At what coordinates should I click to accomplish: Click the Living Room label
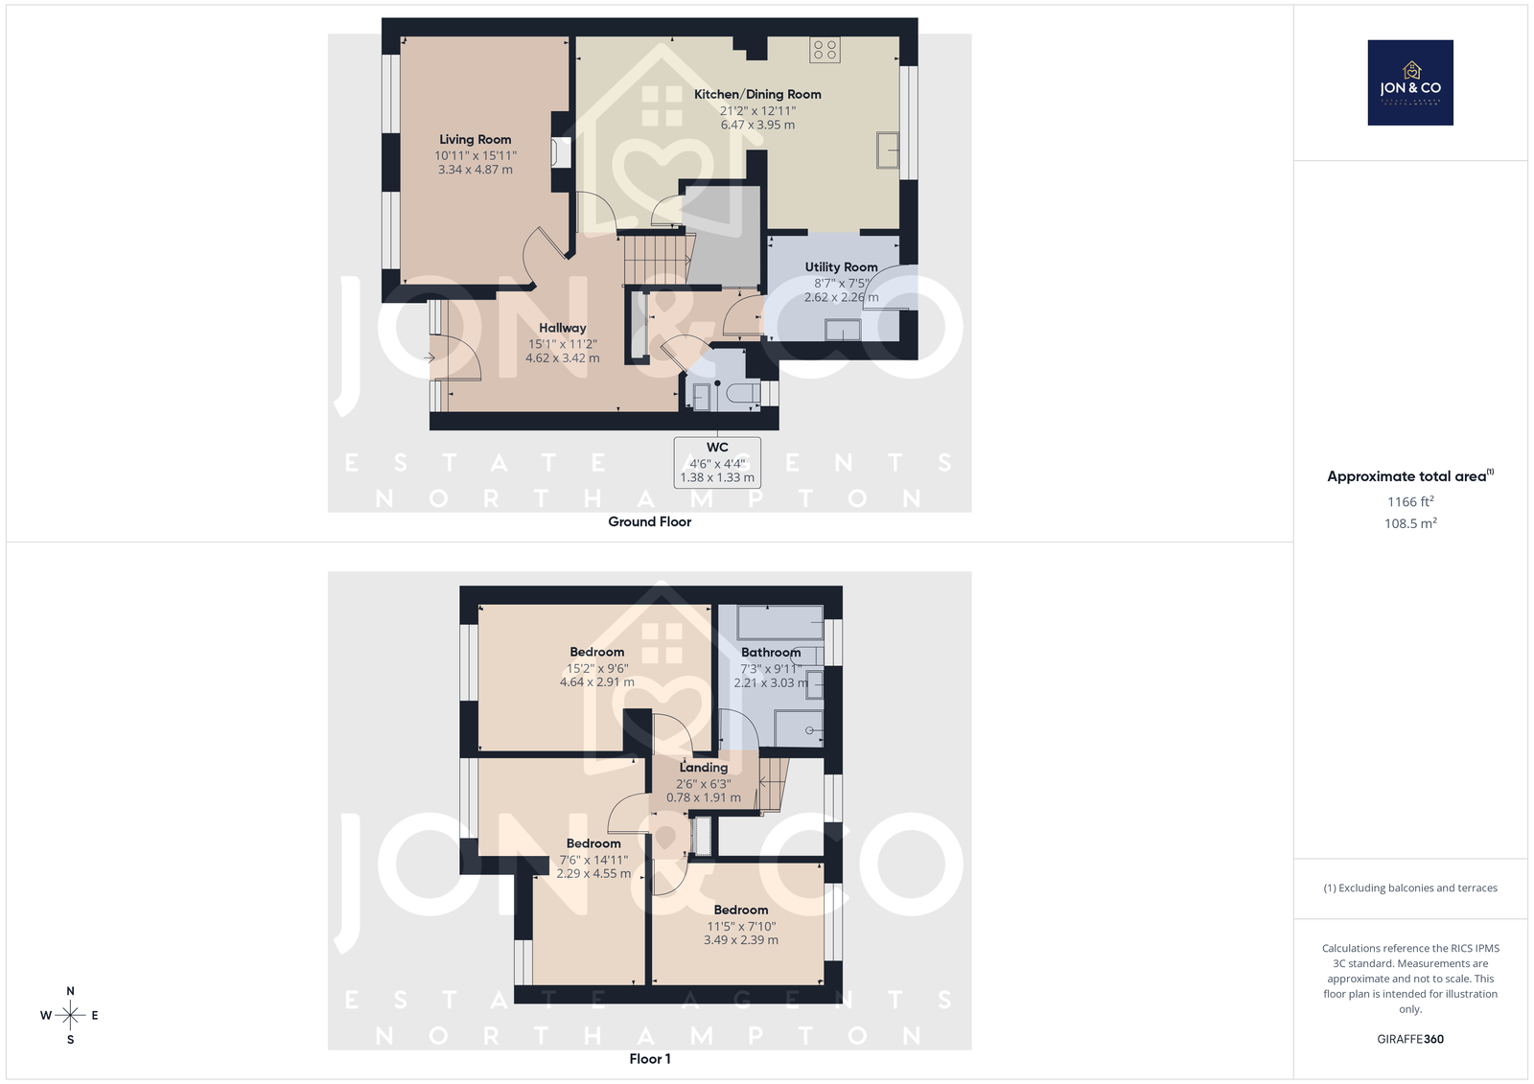pos(476,140)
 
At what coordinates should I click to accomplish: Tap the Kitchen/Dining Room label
pos(757,95)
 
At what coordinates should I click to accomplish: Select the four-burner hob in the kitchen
pos(825,50)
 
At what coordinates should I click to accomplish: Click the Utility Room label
pos(841,267)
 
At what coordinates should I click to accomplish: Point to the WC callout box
pos(717,462)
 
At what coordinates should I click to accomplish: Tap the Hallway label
pos(562,328)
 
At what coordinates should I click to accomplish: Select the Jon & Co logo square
pos(1410,82)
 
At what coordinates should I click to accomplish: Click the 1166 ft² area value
pos(1410,501)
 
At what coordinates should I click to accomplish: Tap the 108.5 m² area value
pos(1410,523)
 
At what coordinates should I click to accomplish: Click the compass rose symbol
pos(70,1015)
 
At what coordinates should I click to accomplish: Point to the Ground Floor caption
pos(649,521)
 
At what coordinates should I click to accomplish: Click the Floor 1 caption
pos(649,1059)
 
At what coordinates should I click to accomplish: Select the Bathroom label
pos(771,653)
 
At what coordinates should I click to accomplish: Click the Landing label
pos(704,768)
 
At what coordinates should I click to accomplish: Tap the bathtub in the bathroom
pos(780,622)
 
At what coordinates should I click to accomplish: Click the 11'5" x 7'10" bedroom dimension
pos(741,927)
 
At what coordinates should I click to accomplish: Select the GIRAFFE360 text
pos(1410,1039)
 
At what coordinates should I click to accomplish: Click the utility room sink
pos(843,330)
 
